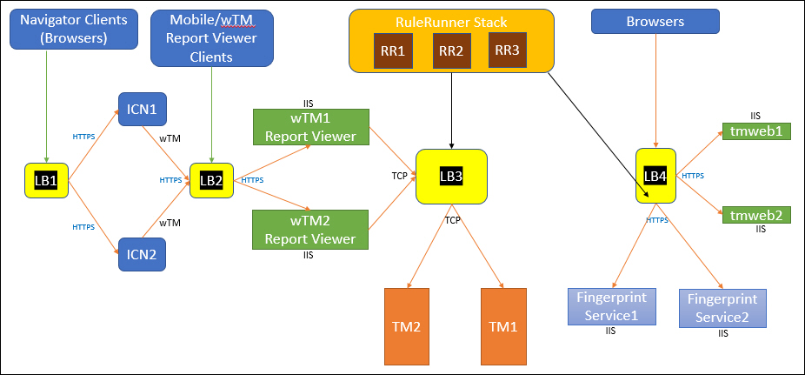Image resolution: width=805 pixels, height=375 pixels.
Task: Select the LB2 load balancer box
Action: (x=210, y=180)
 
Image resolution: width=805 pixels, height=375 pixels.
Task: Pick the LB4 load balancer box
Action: (x=655, y=175)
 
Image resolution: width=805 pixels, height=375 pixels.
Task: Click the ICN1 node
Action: (x=142, y=110)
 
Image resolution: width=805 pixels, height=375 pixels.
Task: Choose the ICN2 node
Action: (x=142, y=255)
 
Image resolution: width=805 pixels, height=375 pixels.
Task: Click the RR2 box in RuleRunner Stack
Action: (x=451, y=50)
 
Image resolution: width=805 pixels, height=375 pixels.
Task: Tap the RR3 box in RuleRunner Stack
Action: (x=507, y=50)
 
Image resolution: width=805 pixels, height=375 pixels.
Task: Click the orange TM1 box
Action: (x=502, y=327)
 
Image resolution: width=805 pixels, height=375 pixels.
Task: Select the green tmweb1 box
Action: (x=755, y=131)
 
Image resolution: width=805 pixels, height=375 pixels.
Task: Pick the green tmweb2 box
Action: (x=755, y=214)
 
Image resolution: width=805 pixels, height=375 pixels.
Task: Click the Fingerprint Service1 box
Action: (x=612, y=307)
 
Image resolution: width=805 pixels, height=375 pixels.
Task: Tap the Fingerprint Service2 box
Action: (x=722, y=307)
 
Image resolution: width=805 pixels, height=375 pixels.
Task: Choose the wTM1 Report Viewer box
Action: (x=310, y=127)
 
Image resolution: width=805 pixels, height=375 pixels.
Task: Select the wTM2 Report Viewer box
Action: (x=310, y=230)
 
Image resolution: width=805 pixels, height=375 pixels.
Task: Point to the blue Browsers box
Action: (x=655, y=22)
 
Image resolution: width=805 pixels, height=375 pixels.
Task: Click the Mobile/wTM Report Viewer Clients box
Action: (x=211, y=37)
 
